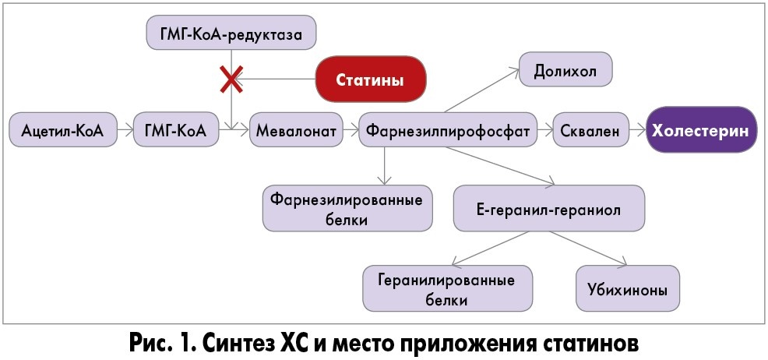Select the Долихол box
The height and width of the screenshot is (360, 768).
[565, 72]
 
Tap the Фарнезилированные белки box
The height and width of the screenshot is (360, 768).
[347, 208]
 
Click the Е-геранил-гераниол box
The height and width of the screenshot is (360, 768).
[549, 208]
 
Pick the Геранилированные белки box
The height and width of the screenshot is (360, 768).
[448, 288]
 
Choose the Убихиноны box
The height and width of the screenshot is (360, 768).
[627, 288]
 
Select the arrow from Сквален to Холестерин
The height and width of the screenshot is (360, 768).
[638, 131]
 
